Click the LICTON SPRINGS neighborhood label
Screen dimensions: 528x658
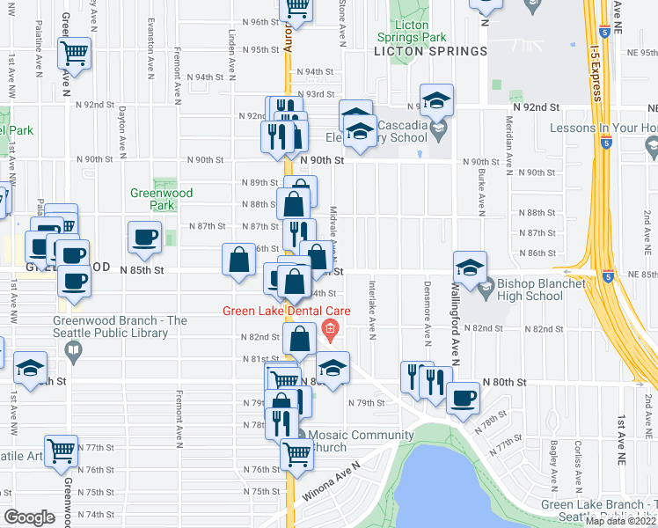[430, 51]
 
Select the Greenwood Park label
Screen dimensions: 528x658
[161, 199]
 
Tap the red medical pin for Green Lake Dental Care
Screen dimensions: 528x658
[331, 333]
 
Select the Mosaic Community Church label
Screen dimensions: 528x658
[354, 441]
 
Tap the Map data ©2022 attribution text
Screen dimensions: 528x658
[621, 521]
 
